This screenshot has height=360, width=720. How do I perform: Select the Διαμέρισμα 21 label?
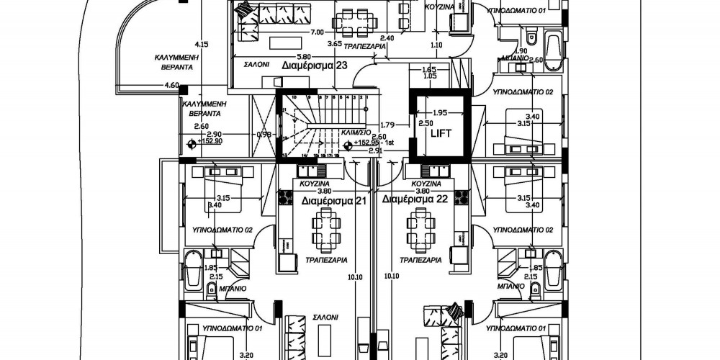click(334, 202)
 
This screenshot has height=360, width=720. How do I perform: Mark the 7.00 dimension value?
click(316, 32)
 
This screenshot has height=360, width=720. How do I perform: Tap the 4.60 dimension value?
click(171, 85)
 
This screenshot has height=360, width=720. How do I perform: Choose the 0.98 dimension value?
click(265, 135)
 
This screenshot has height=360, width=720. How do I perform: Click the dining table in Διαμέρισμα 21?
click(322, 231)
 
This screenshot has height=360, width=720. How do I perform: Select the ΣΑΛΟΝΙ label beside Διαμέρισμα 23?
click(256, 64)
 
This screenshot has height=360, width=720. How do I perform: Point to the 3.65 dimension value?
click(333, 44)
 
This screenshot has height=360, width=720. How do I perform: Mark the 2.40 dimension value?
click(387, 37)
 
